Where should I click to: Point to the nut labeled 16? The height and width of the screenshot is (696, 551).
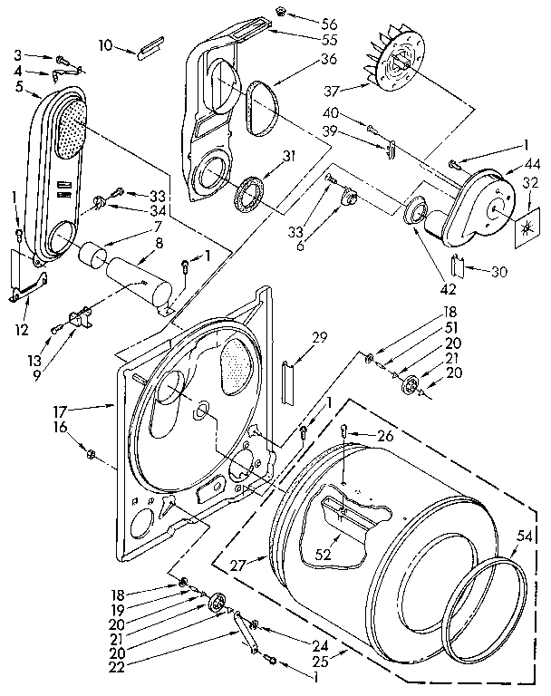point(91,450)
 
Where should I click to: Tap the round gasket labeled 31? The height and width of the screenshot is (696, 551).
point(247,193)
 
